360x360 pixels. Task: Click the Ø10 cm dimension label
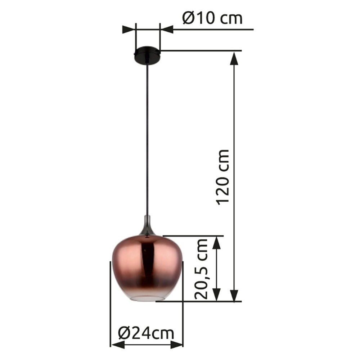pyautogui.click(x=212, y=18)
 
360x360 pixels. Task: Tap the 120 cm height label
pyautogui.click(x=223, y=176)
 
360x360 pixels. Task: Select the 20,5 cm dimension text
pyautogui.click(x=202, y=269)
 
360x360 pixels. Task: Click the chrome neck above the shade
pyautogui.click(x=147, y=225)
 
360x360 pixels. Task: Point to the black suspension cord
pyautogui.click(x=147, y=144)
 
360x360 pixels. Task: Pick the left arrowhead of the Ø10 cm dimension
pyautogui.click(x=129, y=30)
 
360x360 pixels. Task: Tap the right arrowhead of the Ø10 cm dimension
pyautogui.click(x=167, y=30)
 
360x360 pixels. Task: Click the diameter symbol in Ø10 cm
pyautogui.click(x=189, y=18)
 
